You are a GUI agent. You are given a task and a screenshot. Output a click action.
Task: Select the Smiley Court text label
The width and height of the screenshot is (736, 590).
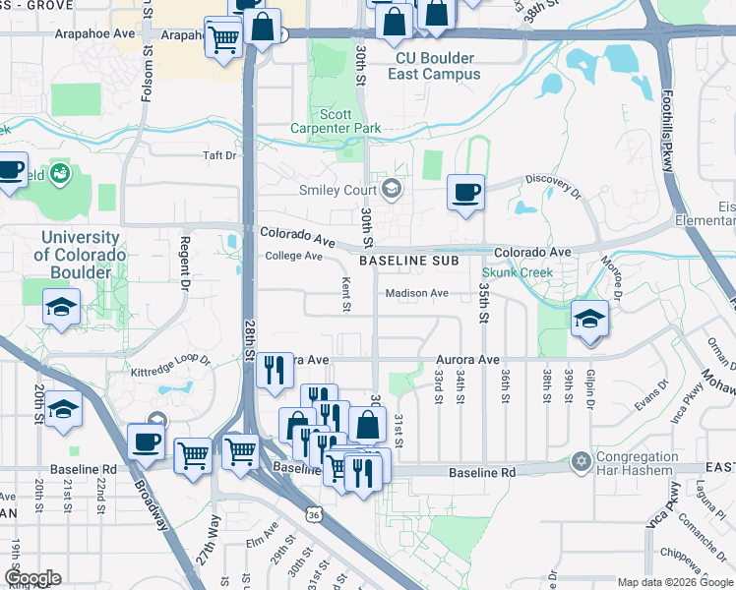click(339, 190)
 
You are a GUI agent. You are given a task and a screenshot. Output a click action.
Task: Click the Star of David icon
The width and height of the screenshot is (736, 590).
click(581, 461)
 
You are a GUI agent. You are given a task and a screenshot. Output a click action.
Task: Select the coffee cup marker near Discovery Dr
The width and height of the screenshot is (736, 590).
click(465, 191)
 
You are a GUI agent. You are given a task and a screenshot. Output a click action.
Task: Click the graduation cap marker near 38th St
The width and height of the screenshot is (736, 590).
click(590, 319)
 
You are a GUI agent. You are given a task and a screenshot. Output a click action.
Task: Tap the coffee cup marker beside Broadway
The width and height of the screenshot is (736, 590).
click(146, 441)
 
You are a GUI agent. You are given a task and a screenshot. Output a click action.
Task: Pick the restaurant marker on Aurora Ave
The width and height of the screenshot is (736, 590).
click(276, 370)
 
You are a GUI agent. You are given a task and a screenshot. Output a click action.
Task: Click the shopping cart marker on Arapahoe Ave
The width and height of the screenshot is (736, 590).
click(223, 38)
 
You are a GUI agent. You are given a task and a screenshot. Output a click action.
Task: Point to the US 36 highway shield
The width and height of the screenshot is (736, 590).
click(312, 514)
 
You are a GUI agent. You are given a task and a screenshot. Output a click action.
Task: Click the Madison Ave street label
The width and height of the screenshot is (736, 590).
click(416, 293)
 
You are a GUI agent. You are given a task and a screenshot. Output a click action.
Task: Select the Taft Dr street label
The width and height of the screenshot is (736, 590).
click(219, 155)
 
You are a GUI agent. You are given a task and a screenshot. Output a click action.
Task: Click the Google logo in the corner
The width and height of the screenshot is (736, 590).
click(31, 578)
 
